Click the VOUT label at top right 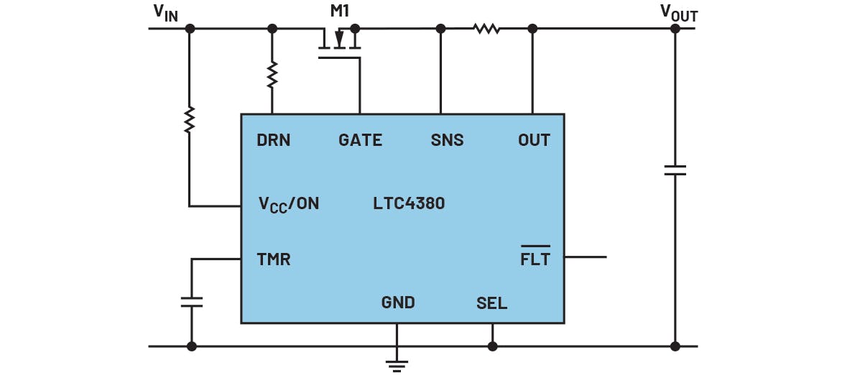pyautogui.click(x=678, y=12)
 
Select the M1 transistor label pyautogui.click(x=340, y=11)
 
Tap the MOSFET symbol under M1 pyautogui.click(x=339, y=42)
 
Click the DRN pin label pyautogui.click(x=274, y=140)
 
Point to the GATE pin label pyautogui.click(x=360, y=140)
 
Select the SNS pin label pyautogui.click(x=447, y=140)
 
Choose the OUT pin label pyautogui.click(x=534, y=140)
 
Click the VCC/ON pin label pyautogui.click(x=288, y=204)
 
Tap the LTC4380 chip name pyautogui.click(x=408, y=203)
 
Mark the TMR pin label pyautogui.click(x=274, y=259)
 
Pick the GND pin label pyautogui.click(x=398, y=303)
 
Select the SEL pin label pyautogui.click(x=491, y=303)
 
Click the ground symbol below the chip pyautogui.click(x=397, y=364)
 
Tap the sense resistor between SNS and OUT pyautogui.click(x=486, y=29)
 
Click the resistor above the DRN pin pyautogui.click(x=272, y=75)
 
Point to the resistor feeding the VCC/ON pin pyautogui.click(x=190, y=119)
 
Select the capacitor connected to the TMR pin pyautogui.click(x=192, y=302)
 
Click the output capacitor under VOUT pyautogui.click(x=675, y=170)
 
